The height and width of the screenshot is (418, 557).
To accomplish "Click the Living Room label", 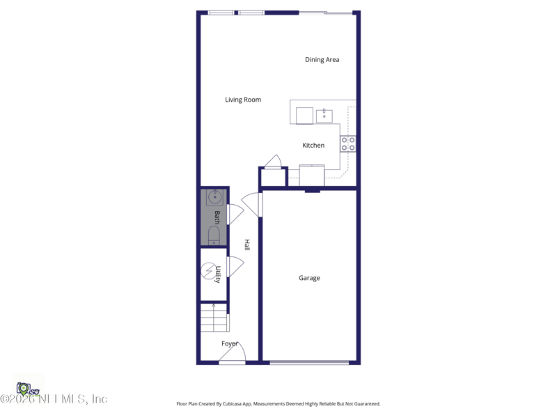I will click(243, 100).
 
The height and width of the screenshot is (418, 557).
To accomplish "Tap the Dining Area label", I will click(322, 60).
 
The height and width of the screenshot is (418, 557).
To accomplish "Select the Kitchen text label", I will click(313, 146).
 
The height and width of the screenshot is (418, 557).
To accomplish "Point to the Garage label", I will click(309, 278).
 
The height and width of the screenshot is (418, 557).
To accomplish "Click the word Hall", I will click(246, 245).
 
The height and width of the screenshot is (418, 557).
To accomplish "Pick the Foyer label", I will click(230, 343).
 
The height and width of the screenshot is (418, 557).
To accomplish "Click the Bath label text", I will click(217, 217).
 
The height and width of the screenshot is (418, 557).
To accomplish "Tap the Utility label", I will click(218, 274).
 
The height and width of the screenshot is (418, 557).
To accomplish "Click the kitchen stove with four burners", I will click(348, 144).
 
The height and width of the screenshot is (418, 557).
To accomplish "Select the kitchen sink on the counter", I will click(324, 116).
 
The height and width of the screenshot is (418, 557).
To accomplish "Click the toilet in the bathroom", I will click(214, 235).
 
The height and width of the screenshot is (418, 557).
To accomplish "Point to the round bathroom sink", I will click(214, 197).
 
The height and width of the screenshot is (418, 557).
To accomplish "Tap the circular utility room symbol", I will click(208, 270).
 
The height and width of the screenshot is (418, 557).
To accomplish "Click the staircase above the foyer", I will click(214, 318).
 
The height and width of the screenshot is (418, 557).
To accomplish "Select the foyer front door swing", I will click(231, 355).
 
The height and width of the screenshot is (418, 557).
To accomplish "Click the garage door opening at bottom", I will click(309, 362).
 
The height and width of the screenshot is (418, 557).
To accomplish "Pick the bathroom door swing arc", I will click(235, 214).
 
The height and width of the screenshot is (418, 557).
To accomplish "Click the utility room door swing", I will click(235, 266).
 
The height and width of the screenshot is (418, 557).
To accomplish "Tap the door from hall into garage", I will click(252, 205).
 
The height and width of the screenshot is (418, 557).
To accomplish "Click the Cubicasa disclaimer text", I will click(278, 404).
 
